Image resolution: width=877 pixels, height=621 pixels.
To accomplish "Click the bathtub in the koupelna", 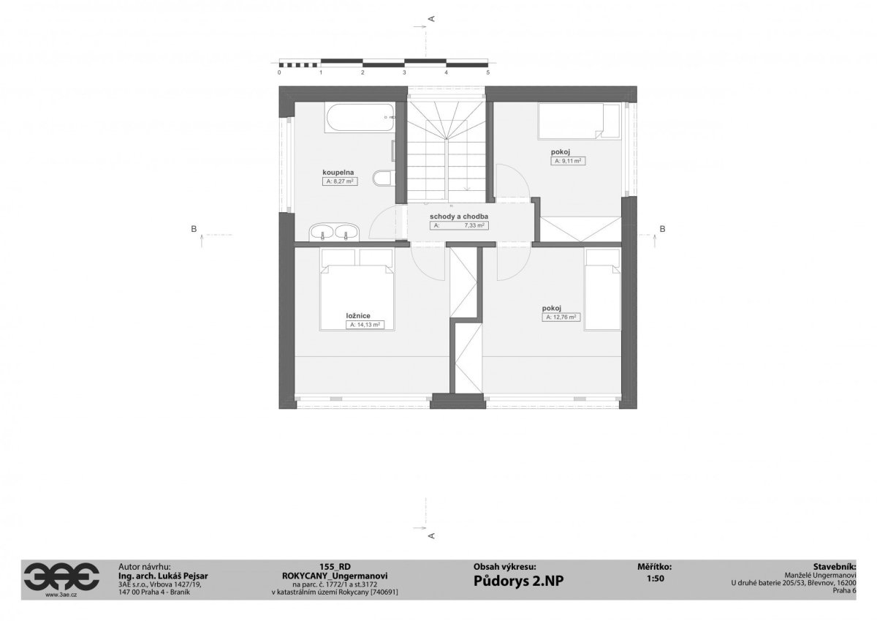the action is [x=360, y=118].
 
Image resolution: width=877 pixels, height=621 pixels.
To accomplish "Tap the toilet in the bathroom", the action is [x=384, y=178].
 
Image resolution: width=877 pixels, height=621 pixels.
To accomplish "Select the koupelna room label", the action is [x=338, y=173].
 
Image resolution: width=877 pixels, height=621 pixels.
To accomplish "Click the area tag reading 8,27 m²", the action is [x=340, y=181].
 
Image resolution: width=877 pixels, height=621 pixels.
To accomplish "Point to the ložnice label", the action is [x=358, y=316].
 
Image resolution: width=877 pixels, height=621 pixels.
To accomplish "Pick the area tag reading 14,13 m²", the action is [x=365, y=325].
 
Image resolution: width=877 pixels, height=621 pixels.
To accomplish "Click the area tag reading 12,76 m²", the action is [x=561, y=317].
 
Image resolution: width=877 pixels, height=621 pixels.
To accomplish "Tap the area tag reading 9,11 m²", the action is [x=568, y=161].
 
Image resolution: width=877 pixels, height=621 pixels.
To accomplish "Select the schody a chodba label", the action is [x=459, y=217].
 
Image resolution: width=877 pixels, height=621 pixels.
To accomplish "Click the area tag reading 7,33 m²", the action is [x=459, y=226].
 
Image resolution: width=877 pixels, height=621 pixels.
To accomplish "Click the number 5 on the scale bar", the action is [x=488, y=72].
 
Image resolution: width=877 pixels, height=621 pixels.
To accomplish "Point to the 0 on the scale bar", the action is [x=279, y=72].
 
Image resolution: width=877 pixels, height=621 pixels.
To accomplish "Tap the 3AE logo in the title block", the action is [x=61, y=576].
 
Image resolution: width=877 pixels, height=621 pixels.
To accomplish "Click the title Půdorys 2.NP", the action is [x=519, y=581].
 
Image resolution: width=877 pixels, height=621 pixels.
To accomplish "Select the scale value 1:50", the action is [x=656, y=579].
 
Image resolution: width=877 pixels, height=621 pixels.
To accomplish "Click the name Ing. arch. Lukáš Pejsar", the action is [x=163, y=576].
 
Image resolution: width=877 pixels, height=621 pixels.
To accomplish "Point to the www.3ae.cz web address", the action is [x=61, y=595].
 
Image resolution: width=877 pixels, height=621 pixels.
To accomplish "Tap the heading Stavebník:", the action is [x=835, y=567].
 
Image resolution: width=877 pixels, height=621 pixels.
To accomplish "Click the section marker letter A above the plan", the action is [x=432, y=18].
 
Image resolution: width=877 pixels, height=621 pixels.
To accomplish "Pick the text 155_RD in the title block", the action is [x=335, y=567].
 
